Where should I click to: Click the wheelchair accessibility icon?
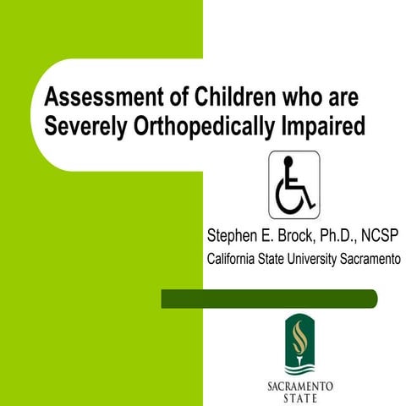click(x=294, y=185)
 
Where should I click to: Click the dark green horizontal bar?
click(x=269, y=299)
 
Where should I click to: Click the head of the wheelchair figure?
click(x=287, y=162)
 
